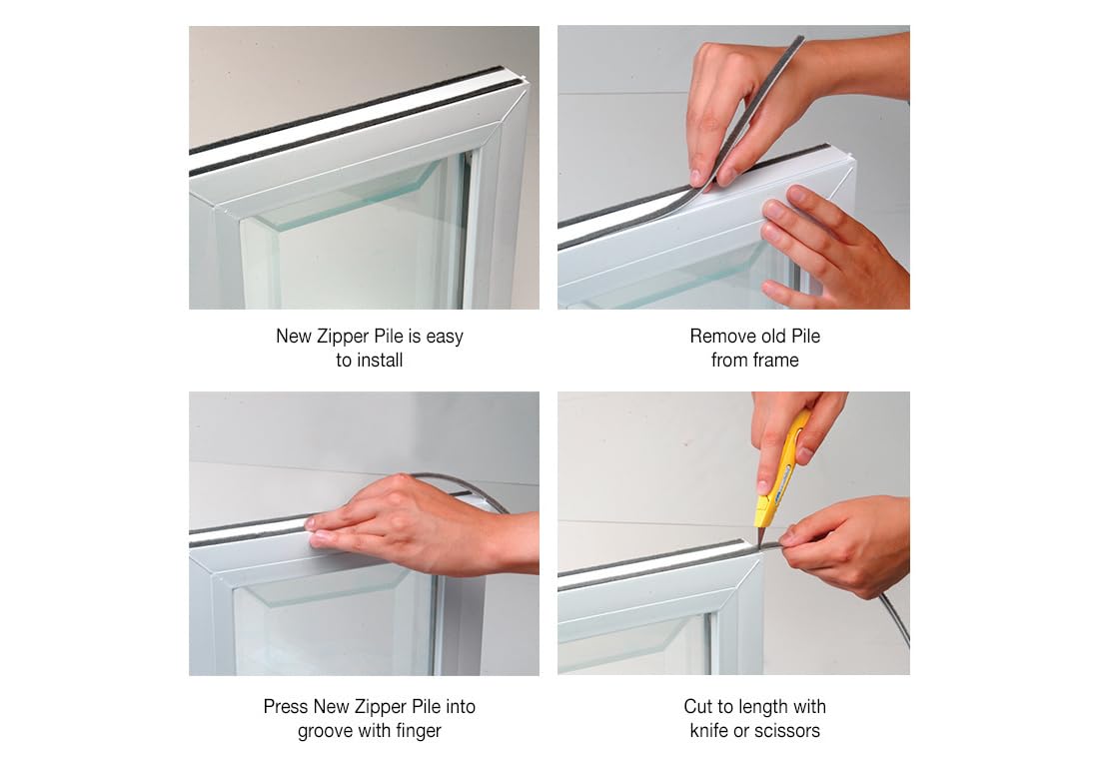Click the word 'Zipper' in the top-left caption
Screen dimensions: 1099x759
point(343,337)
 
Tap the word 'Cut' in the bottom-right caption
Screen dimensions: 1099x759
point(697,706)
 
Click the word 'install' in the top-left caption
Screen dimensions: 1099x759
point(380,361)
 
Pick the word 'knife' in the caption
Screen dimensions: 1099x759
point(708,731)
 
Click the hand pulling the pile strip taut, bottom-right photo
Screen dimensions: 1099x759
point(849,543)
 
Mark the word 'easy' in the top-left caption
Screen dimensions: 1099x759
point(445,338)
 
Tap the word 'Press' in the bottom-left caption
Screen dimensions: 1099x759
point(286,706)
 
